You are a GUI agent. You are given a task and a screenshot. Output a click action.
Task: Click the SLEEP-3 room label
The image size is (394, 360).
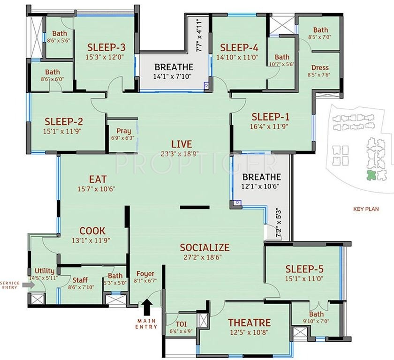point(106,47)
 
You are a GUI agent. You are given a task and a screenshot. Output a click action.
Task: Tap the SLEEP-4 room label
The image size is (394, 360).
point(239,47)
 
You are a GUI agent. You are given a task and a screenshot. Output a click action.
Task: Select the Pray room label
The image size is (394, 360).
point(123,131)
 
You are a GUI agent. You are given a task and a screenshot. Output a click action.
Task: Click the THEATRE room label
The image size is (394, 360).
point(249,322)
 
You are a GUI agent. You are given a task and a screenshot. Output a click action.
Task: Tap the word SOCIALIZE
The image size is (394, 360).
point(205,247)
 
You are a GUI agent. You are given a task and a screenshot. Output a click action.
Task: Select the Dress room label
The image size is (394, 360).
point(320,67)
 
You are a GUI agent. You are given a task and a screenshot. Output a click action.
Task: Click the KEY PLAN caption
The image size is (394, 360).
point(365,210)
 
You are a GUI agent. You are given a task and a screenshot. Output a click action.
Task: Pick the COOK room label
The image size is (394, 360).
point(92,231)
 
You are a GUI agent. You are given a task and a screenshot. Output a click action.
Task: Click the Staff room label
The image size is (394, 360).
point(80,280)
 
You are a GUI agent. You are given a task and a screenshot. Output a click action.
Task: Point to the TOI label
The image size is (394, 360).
point(181,323)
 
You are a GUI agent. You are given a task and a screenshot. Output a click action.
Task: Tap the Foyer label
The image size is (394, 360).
point(145,274)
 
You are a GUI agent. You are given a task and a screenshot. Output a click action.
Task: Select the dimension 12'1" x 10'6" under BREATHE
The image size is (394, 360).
point(261,187)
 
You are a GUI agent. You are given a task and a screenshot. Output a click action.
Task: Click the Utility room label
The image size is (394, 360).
point(45,271)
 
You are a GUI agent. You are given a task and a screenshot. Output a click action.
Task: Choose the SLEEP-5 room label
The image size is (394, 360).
point(304,269)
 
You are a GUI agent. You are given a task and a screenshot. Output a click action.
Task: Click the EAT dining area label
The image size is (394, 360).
point(98,180)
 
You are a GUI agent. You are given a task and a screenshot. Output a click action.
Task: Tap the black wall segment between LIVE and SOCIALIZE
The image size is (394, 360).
point(195,207)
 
